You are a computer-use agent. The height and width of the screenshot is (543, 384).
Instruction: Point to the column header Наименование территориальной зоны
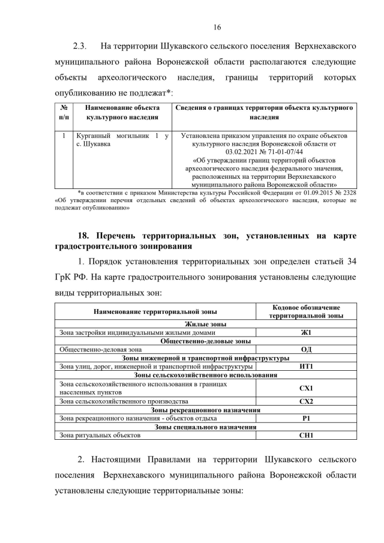[155, 311]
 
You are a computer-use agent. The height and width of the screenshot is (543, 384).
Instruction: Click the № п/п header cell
[64, 112]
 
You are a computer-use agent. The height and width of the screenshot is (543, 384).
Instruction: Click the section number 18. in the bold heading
[87, 236]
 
